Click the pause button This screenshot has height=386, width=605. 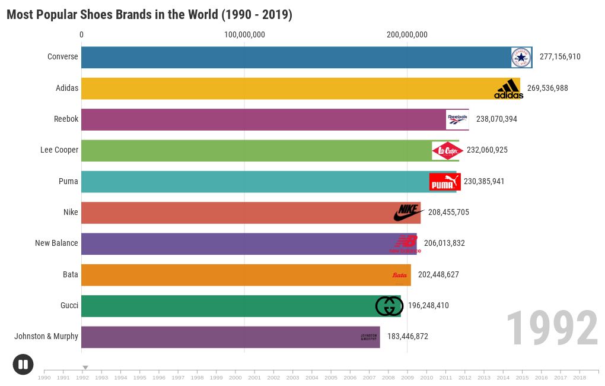(x=23, y=364)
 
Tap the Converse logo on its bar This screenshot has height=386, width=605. (x=521, y=58)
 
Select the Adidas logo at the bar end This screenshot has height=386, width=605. (x=508, y=89)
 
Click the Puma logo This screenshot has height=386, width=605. (x=445, y=182)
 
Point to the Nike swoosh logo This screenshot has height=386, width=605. (x=409, y=213)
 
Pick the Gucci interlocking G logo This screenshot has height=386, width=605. (x=389, y=306)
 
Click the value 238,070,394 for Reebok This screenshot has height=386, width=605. (x=496, y=119)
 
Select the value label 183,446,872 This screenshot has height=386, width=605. (x=407, y=336)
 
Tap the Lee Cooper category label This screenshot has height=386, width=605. (x=59, y=150)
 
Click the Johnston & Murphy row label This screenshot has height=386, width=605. (x=46, y=336)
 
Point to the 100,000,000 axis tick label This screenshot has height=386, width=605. (x=244, y=34)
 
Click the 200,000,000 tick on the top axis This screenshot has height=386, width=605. (x=407, y=34)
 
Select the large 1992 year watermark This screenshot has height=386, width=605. (x=552, y=329)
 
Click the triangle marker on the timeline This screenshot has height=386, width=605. (x=85, y=368)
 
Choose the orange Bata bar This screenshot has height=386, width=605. (x=237, y=275)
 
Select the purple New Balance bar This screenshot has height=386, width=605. (x=237, y=243)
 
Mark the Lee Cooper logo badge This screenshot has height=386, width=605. (x=447, y=151)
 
